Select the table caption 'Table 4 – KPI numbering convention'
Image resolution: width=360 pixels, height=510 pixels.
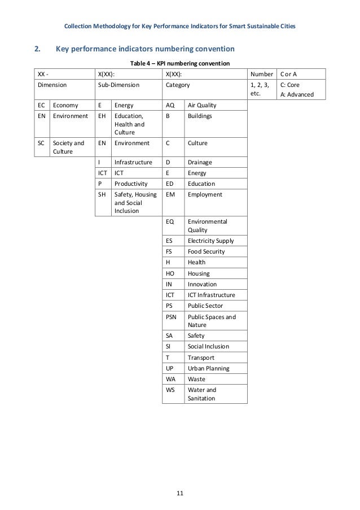tap(179, 63)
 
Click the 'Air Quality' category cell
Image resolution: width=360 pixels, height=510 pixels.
tap(203, 105)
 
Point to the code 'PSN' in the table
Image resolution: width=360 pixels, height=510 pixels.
tap(172, 317)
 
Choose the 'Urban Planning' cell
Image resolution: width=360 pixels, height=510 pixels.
tap(209, 368)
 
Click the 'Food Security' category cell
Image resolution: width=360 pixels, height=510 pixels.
tap(207, 251)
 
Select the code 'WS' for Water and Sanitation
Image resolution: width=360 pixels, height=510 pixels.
tap(170, 390)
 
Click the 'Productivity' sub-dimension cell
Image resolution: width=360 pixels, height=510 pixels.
tap(131, 184)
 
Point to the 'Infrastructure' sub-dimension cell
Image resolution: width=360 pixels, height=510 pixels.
tap(133, 162)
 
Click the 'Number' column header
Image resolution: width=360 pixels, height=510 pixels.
tap(261, 75)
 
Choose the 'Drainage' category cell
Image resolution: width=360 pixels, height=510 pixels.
tap(200, 162)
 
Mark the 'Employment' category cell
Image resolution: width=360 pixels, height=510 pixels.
tap(205, 194)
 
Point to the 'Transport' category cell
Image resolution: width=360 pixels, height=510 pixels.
tap(201, 358)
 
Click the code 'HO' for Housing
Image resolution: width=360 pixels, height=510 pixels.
tap(170, 273)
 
